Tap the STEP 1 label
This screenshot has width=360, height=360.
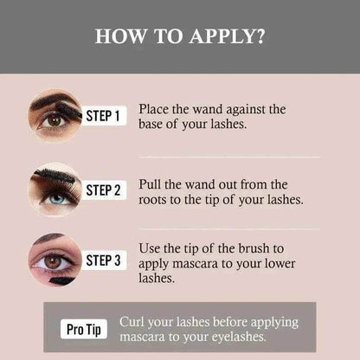coord(105,115)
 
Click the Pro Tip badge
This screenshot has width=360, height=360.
coord(86,329)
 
